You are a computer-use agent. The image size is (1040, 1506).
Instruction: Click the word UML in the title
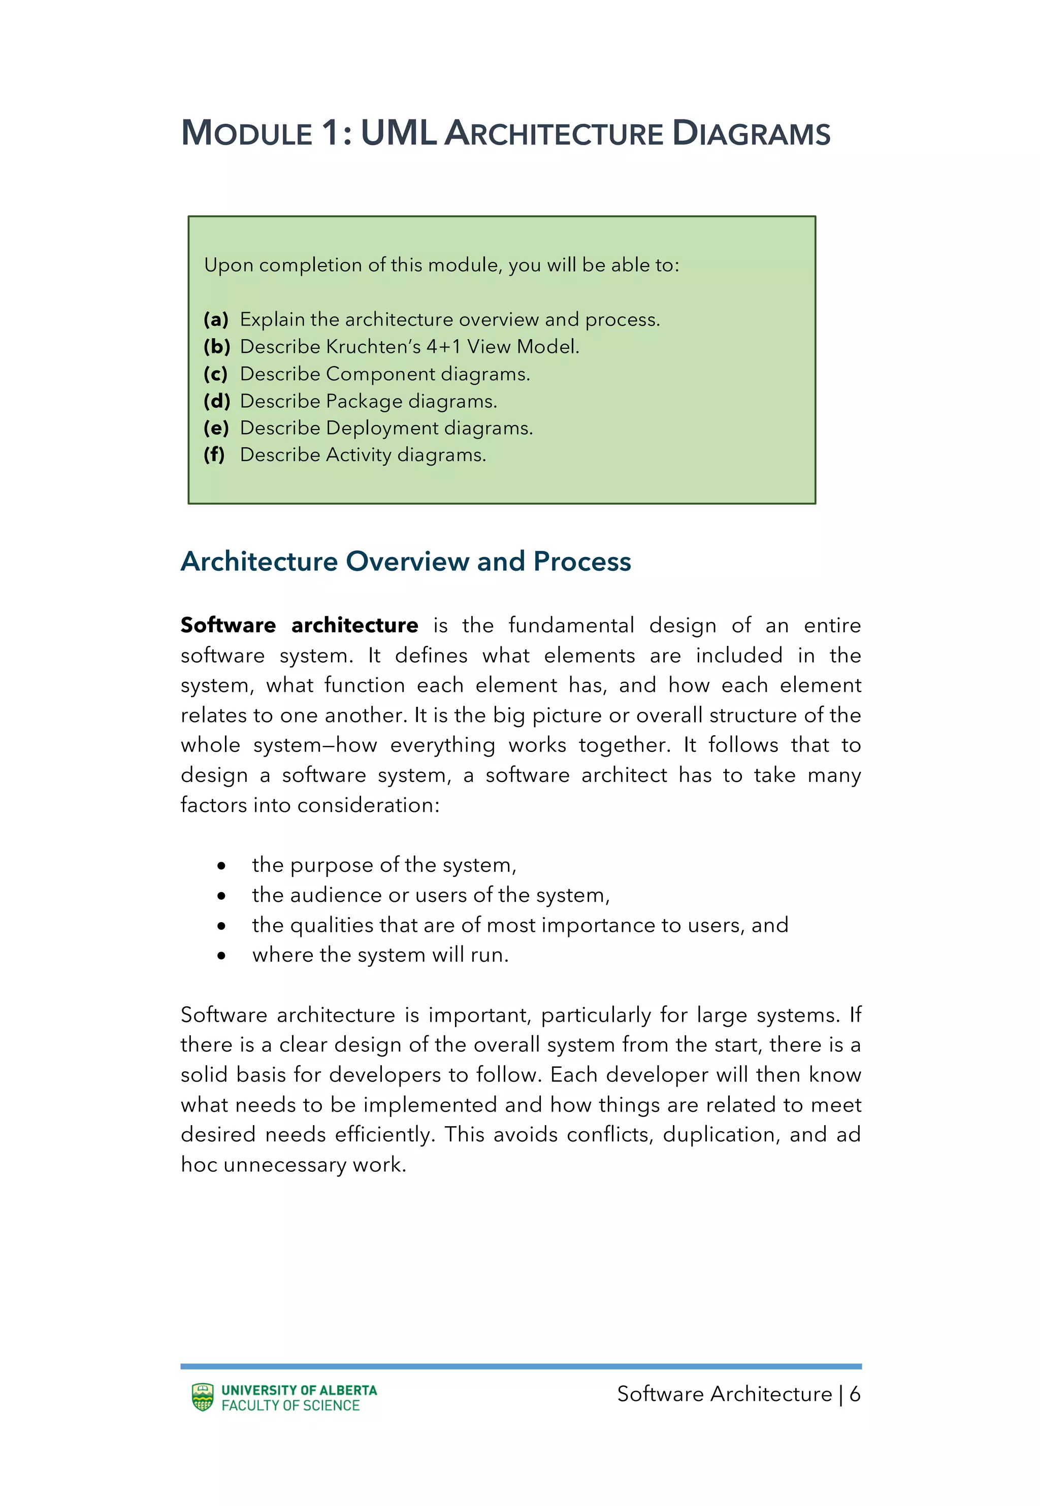[x=398, y=133]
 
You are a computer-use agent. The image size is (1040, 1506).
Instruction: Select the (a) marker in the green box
[x=216, y=319]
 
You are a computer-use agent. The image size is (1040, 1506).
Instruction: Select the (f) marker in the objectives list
[x=214, y=454]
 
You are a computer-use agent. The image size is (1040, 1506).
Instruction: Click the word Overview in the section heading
[x=407, y=562]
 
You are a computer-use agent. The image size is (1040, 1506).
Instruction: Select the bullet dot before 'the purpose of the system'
[x=221, y=866]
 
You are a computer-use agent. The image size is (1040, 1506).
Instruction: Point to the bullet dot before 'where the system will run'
[x=221, y=956]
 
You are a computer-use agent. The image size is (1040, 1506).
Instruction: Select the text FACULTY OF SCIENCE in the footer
[x=290, y=1405]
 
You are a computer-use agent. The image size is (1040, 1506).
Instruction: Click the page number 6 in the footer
[x=854, y=1394]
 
